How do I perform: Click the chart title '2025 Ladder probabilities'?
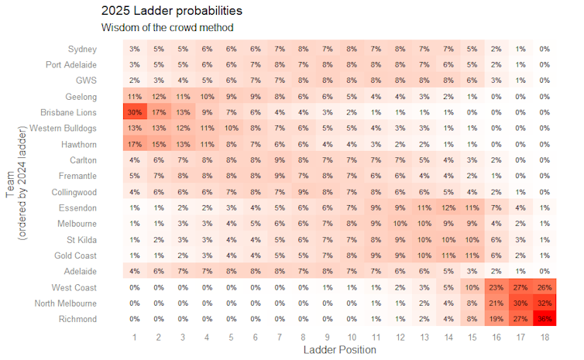point(171,12)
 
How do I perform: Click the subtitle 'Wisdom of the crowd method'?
point(167,28)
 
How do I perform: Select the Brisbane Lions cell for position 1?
point(135,112)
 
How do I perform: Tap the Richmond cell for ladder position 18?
point(544,319)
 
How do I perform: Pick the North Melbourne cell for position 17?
point(520,303)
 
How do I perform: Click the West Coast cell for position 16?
point(496,287)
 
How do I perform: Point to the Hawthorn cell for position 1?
point(135,144)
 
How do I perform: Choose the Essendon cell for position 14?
point(448,207)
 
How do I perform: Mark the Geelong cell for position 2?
point(159,97)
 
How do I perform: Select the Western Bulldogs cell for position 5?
point(231,129)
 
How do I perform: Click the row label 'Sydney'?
point(82,49)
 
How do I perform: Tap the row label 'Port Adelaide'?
point(71,65)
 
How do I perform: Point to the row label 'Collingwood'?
point(74,192)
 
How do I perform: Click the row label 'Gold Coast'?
point(76,255)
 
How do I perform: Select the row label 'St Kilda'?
point(81,239)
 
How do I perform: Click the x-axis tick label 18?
point(544,337)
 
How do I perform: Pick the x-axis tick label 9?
point(328,337)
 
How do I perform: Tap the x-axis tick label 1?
point(135,337)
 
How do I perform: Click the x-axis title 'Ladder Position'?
point(340,350)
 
